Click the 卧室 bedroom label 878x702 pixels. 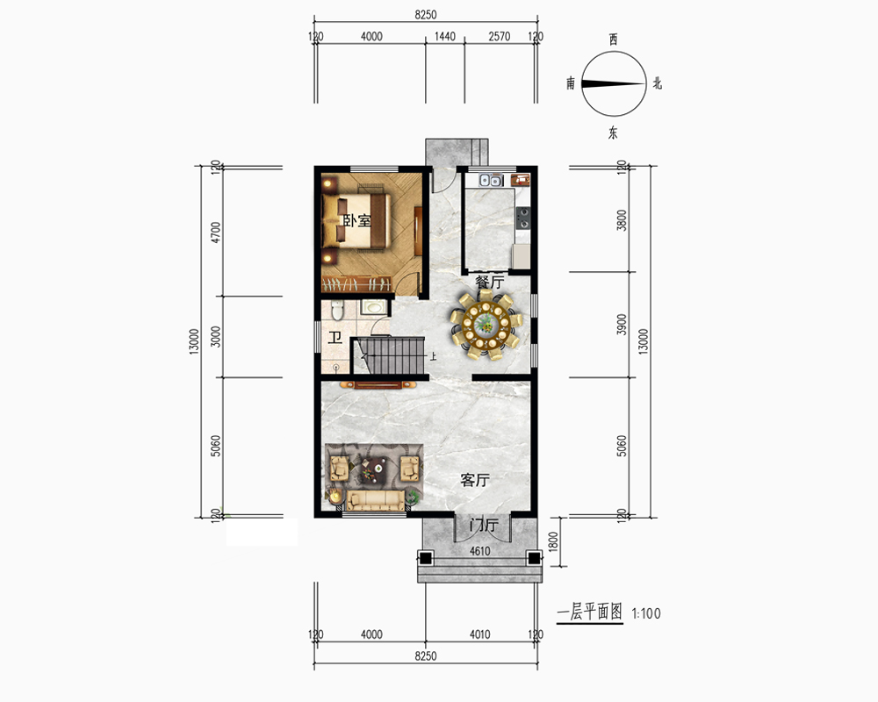(x=356, y=220)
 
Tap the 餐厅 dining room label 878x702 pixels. (x=490, y=282)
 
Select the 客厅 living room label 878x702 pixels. (x=475, y=480)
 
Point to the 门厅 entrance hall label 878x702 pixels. (x=484, y=525)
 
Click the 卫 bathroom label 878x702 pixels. (x=335, y=338)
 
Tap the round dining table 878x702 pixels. (x=486, y=324)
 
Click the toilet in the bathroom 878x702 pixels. (x=336, y=310)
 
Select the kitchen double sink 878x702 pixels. (x=490, y=180)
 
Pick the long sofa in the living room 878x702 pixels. (x=375, y=500)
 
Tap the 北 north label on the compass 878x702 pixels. (x=658, y=84)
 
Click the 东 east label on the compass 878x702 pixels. (x=614, y=133)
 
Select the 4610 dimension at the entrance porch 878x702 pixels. (x=480, y=551)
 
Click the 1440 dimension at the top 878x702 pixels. (x=445, y=36)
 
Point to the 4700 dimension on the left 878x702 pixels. (x=216, y=233)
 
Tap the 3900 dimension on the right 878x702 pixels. (x=621, y=324)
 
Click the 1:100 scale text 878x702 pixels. (x=646, y=613)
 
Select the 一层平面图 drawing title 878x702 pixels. (x=590, y=612)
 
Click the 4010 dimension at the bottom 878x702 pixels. (x=480, y=634)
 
